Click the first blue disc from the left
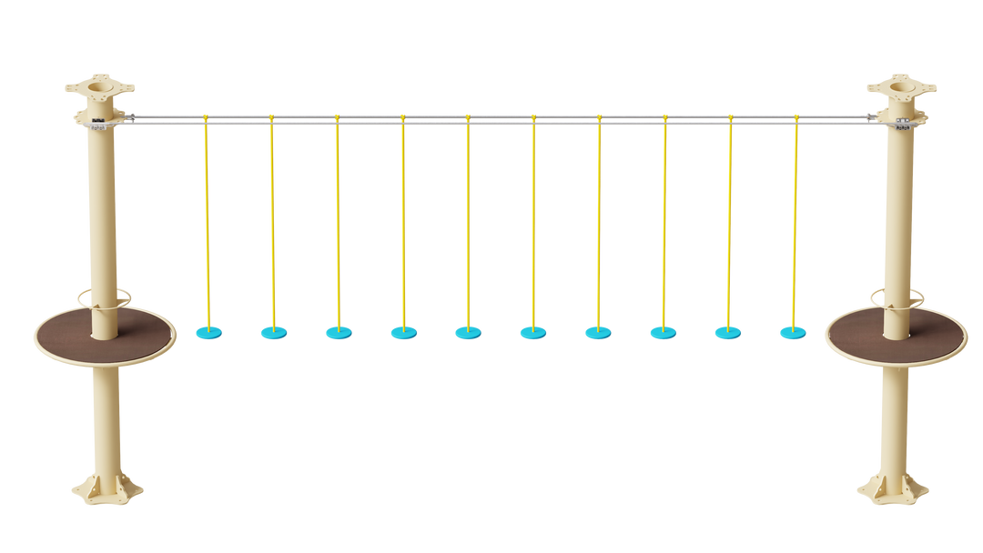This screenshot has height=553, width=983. click(x=208, y=333)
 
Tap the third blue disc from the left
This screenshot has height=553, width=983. click(x=339, y=333)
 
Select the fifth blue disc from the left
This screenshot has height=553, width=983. click(x=468, y=333)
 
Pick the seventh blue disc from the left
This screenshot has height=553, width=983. click(x=598, y=333)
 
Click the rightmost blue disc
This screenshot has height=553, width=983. click(x=793, y=333)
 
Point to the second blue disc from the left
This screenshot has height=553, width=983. click(x=273, y=333)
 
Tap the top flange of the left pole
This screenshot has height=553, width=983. click(x=98, y=90)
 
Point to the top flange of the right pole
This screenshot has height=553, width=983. click(x=901, y=90)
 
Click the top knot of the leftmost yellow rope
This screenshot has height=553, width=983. click(x=206, y=117)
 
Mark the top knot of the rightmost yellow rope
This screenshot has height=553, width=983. click(x=796, y=117)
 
